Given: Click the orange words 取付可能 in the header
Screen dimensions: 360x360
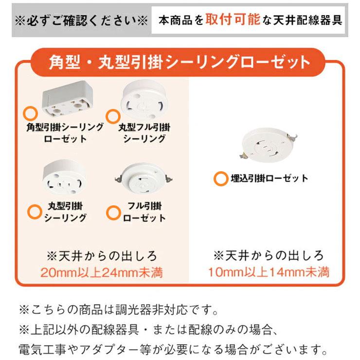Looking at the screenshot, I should [x=233, y=19].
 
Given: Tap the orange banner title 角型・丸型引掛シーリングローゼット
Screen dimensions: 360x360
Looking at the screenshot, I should [x=180, y=62].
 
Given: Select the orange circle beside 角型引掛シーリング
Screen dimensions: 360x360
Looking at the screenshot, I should [x=30, y=113].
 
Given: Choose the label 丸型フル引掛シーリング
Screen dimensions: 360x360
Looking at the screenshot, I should [x=144, y=133].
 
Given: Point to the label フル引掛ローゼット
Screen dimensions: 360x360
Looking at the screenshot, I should [x=144, y=212].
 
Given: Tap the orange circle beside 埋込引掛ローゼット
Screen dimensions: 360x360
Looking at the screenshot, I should [x=220, y=179].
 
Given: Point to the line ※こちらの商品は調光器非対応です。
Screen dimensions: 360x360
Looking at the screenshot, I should [x=119, y=310].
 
